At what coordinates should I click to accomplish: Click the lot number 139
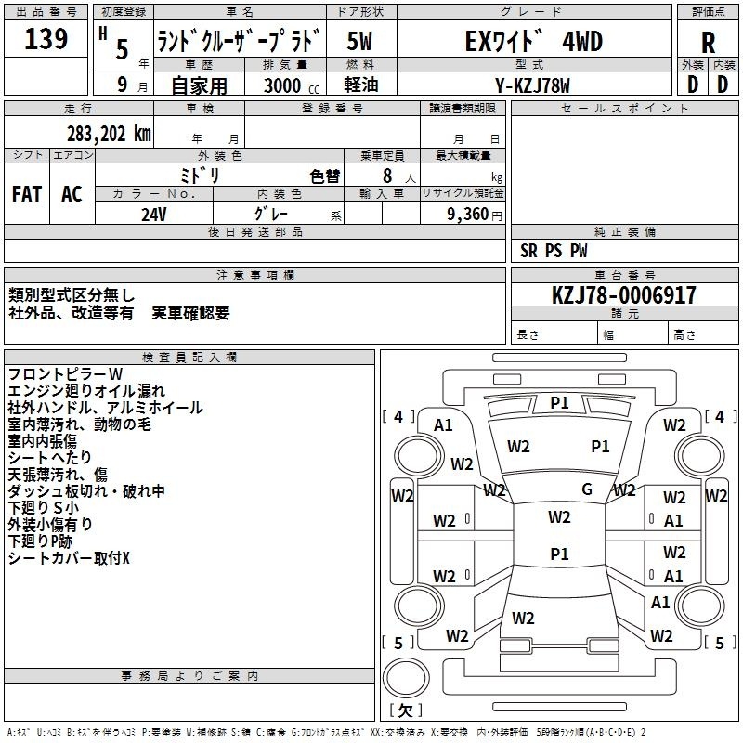[46, 38]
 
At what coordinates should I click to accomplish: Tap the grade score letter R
[708, 43]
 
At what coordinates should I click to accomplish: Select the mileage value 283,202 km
[109, 134]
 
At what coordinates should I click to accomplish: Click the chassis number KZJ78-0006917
[624, 295]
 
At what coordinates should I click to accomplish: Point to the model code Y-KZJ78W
[532, 85]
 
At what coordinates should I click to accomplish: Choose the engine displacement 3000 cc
[292, 85]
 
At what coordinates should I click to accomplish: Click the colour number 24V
[154, 215]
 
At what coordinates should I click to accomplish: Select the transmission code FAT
[27, 194]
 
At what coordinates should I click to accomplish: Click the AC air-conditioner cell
[72, 194]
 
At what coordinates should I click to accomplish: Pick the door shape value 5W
[359, 41]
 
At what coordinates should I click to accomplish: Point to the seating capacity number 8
[387, 176]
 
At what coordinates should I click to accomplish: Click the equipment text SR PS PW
[554, 251]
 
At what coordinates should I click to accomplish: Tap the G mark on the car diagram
[587, 489]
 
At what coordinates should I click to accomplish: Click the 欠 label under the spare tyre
[405, 710]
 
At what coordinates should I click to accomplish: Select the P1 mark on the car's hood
[559, 403]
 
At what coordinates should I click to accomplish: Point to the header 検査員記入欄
[189, 358]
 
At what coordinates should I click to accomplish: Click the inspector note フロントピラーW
[65, 374]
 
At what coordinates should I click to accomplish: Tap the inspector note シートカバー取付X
[69, 558]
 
